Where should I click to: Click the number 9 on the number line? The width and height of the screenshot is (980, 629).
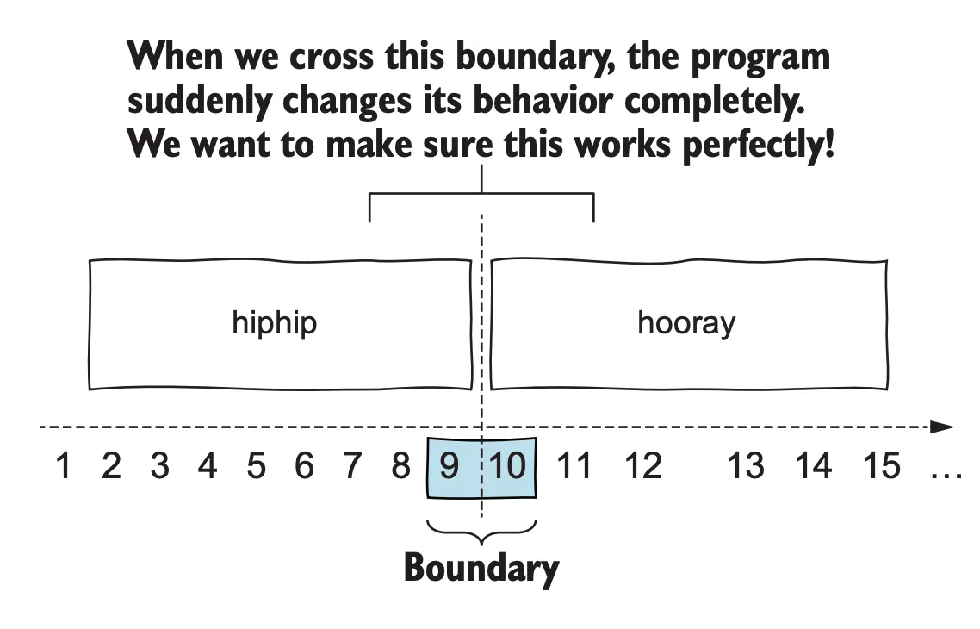[449, 466]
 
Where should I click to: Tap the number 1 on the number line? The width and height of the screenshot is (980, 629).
[62, 466]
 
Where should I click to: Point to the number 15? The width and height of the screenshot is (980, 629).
[881, 466]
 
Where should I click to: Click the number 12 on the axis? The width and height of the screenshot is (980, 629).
[642, 466]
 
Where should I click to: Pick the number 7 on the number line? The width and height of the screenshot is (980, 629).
[352, 466]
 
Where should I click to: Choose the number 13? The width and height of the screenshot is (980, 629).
[746, 466]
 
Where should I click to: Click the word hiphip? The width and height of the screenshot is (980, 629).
[275, 323]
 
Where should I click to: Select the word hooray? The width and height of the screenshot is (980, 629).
[686, 323]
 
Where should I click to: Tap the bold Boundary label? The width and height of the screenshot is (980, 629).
[481, 569]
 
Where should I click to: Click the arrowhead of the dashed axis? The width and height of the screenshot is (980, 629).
[945, 427]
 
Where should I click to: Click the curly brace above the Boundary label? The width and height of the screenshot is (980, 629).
[481, 533]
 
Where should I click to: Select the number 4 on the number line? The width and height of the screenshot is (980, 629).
[208, 466]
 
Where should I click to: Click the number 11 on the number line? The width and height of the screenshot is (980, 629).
[574, 466]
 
